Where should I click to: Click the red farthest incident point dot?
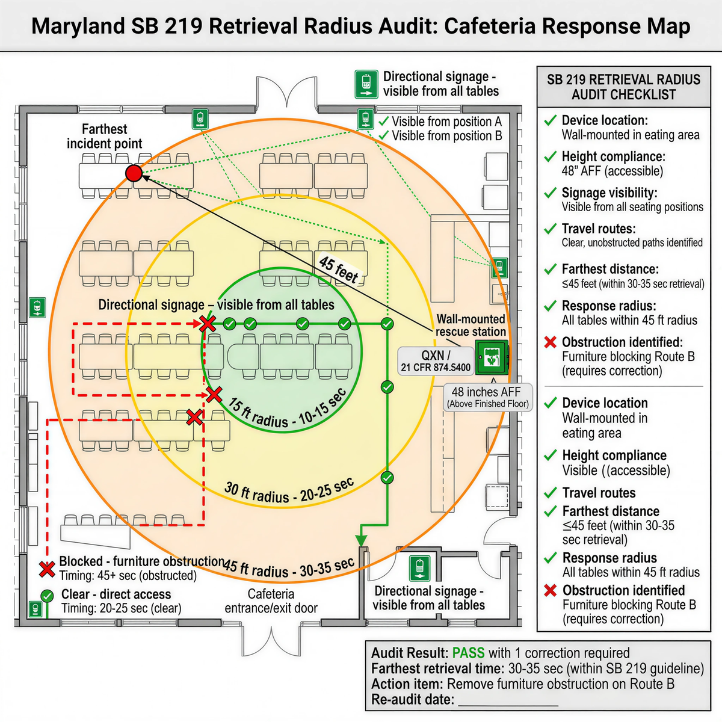coord(134,174)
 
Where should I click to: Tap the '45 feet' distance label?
coord(339,270)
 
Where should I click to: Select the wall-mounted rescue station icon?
coord(492,357)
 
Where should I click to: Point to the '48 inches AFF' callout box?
coord(487,397)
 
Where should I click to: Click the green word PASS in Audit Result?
coord(468,653)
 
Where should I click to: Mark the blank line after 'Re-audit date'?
coord(508,700)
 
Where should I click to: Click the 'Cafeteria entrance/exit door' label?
coord(271,601)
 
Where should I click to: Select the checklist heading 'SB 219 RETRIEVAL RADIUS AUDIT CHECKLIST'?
coord(623,87)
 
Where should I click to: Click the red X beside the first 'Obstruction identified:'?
coord(550,342)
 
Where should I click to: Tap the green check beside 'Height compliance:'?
coord(550,157)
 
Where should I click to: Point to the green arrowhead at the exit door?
coord(362,539)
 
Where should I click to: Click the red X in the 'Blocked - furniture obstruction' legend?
coord(47,569)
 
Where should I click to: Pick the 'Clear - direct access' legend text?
coord(116,594)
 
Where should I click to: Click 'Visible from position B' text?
coord(446,136)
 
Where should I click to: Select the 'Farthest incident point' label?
coord(105,137)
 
